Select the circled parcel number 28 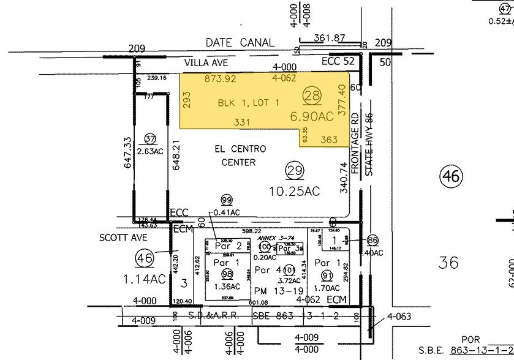(x=312, y=95)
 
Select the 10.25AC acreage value (x=295, y=192)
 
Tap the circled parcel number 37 (x=150, y=137)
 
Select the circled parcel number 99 (x=227, y=201)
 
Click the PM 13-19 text (x=271, y=290)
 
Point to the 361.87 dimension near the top (x=330, y=38)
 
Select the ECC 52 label (x=338, y=62)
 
